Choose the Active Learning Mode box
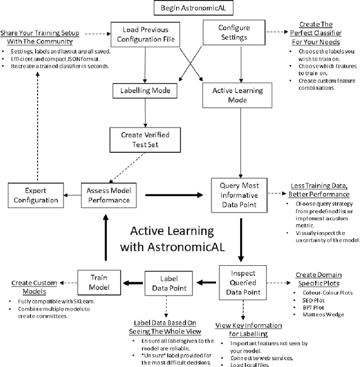(240, 94)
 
